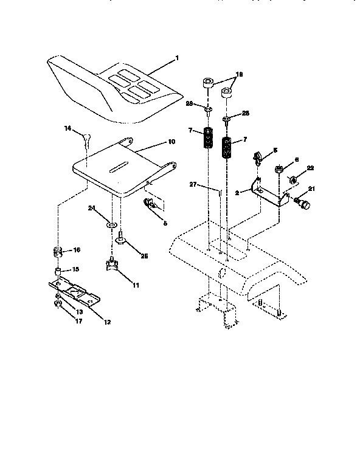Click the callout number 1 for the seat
177,58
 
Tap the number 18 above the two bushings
239,74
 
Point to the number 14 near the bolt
68,128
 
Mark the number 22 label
311,168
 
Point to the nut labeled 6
279,168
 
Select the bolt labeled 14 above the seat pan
88,141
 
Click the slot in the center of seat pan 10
118,166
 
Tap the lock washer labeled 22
292,179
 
